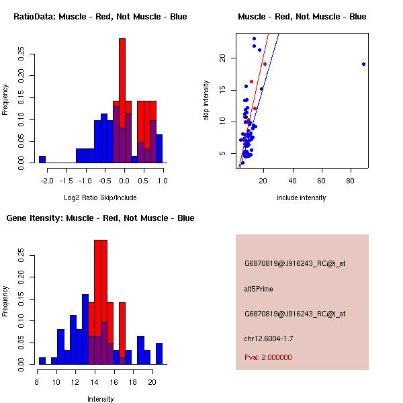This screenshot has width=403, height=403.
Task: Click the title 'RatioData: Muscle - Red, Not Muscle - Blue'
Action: click(x=100, y=16)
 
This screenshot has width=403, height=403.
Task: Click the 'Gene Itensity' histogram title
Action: click(x=100, y=218)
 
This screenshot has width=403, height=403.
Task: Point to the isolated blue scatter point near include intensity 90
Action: click(x=363, y=64)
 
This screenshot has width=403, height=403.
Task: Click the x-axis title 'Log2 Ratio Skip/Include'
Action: click(x=100, y=197)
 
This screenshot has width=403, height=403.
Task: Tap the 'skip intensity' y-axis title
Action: click(x=206, y=101)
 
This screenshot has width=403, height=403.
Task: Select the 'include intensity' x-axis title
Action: click(x=302, y=197)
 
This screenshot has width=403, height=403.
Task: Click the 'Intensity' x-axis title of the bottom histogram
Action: click(x=100, y=399)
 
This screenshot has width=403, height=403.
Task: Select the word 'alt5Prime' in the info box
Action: click(x=259, y=289)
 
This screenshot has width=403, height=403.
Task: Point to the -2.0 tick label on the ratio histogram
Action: click(x=42, y=180)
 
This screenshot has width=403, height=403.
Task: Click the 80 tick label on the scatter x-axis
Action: click(x=351, y=180)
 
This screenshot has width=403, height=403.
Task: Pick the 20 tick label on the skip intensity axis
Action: click(x=224, y=58)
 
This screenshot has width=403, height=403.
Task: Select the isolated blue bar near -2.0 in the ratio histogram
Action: click(x=42, y=159)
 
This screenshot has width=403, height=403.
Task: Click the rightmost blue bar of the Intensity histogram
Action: click(x=159, y=353)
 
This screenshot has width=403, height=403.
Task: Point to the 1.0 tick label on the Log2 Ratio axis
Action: click(x=162, y=180)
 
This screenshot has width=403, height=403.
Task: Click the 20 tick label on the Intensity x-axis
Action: click(x=152, y=382)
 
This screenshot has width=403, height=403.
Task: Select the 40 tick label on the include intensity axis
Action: click(x=293, y=180)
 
